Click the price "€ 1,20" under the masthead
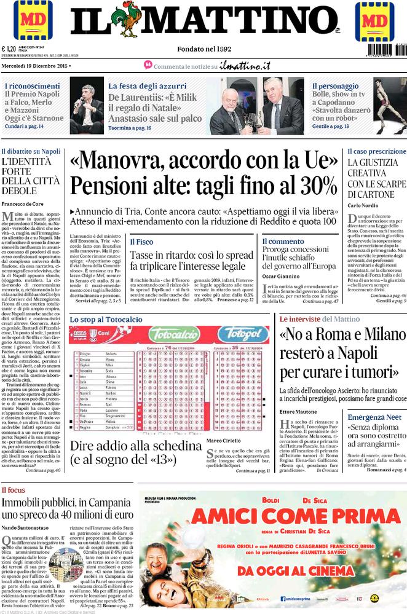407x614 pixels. coord(9,50)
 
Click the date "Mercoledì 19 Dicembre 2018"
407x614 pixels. coord(35,65)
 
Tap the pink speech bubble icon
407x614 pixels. coord(148,65)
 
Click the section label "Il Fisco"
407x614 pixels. coord(141,242)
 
